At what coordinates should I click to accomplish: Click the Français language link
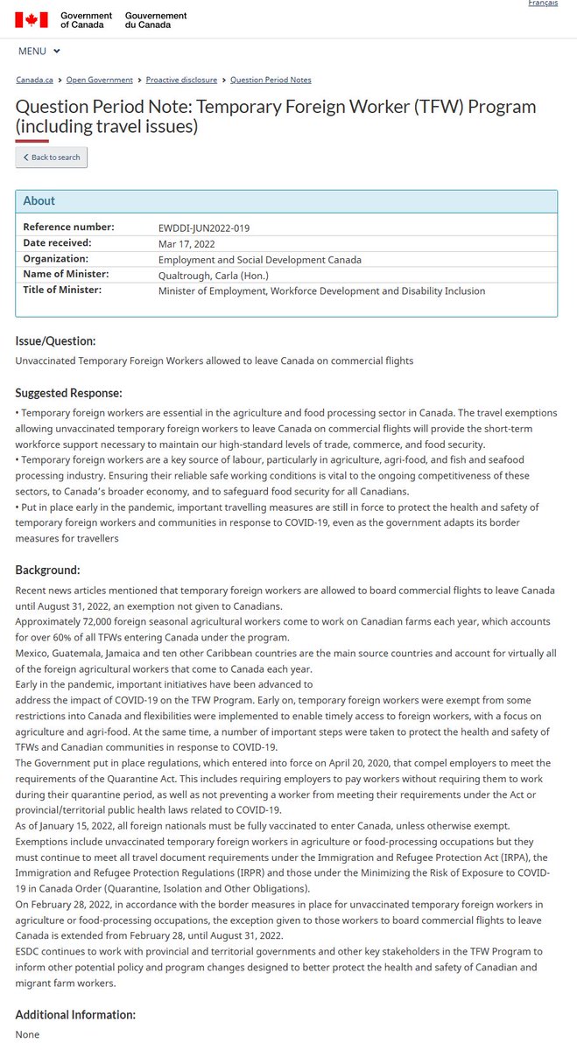click(543, 3)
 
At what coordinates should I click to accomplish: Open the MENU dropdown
click(39, 52)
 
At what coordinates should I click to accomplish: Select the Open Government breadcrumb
click(100, 80)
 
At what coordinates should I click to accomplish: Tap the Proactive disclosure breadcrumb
click(182, 80)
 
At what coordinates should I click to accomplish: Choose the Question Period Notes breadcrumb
click(271, 80)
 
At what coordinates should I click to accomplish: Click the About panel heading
click(39, 200)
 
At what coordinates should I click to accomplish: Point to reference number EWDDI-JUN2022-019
click(204, 228)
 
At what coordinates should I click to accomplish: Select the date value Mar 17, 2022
click(186, 244)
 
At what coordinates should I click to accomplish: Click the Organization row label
click(55, 259)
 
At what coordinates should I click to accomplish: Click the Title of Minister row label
click(62, 290)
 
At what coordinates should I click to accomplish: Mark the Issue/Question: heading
click(56, 340)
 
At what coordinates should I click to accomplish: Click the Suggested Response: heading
click(69, 393)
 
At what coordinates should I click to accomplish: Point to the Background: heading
click(48, 570)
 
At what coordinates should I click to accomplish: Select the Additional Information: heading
click(75, 1014)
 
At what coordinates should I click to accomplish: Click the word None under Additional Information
click(27, 1034)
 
